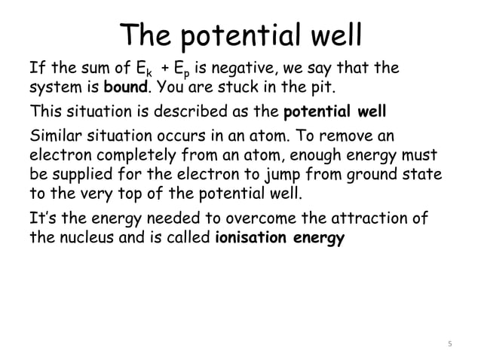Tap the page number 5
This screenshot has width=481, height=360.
(450, 345)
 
